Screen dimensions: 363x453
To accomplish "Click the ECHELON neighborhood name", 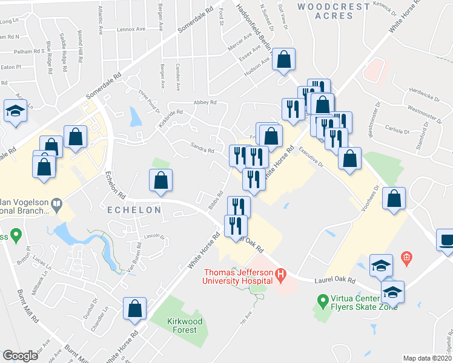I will pos(134,210).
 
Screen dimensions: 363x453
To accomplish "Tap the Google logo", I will pos(20,356).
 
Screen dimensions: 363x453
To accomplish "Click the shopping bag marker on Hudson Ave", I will pos(283,59).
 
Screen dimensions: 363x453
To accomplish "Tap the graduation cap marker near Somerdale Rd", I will pos(15,111).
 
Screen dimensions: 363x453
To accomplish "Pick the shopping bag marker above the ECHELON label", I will pos(161,180).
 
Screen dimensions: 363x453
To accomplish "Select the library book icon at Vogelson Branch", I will pos(57,204).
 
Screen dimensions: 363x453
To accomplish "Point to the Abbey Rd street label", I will pos(205,102).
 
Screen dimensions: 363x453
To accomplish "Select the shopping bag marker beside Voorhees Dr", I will pos(395,198).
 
